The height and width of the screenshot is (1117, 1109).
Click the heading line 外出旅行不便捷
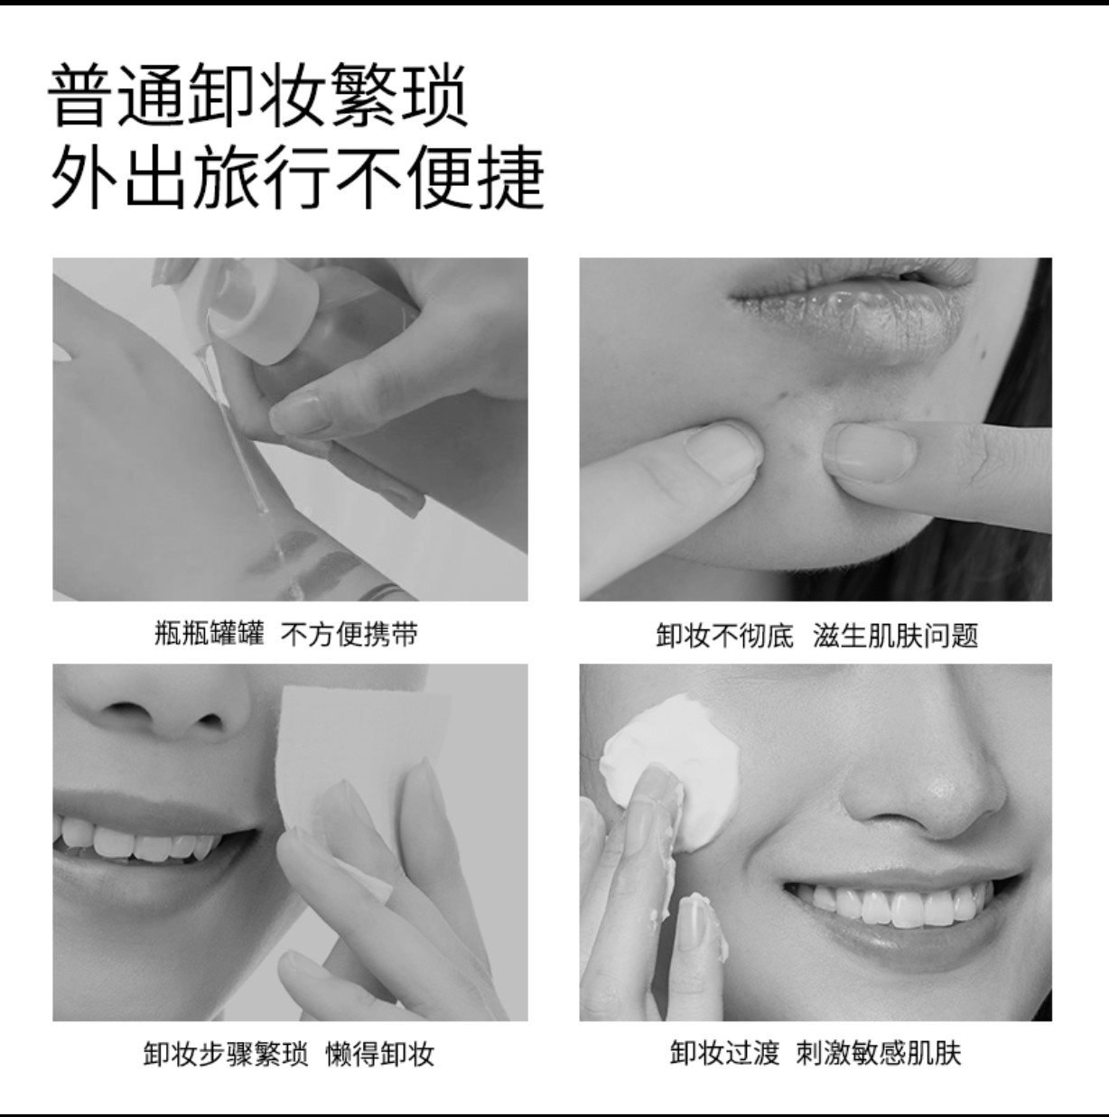297,177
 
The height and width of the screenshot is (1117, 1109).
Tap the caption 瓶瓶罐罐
210,633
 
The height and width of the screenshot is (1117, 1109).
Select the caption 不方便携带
349,633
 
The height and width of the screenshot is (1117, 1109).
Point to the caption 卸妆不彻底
724,635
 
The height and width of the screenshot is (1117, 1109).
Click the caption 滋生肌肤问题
896,635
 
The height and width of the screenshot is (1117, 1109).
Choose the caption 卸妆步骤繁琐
226,1053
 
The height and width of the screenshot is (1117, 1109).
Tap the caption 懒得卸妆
380,1053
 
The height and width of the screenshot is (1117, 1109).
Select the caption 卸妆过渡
725,1053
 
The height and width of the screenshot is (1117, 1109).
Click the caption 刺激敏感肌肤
879,1053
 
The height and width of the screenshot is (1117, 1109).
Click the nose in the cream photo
922,774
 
